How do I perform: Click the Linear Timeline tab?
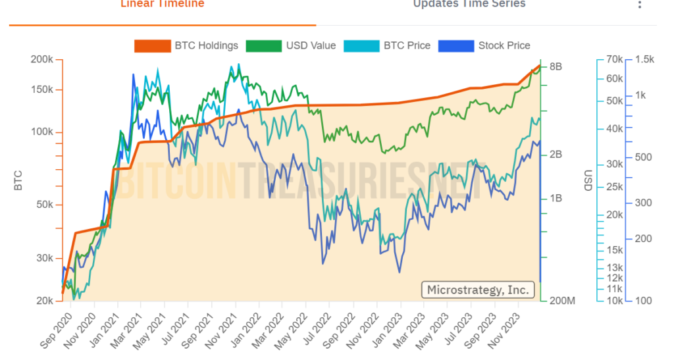162,4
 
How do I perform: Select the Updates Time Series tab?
469,4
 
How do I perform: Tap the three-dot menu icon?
639,5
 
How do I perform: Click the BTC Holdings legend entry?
186,45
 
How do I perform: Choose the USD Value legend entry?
291,45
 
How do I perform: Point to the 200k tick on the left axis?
41,59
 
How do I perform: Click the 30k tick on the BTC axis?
43,258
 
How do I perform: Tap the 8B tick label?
556,66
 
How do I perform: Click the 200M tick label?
561,301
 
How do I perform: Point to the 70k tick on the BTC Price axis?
614,59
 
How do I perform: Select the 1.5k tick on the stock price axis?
645,59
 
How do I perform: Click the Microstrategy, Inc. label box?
478,290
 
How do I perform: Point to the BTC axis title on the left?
18,180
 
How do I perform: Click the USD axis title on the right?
587,180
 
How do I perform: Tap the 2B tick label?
556,155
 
